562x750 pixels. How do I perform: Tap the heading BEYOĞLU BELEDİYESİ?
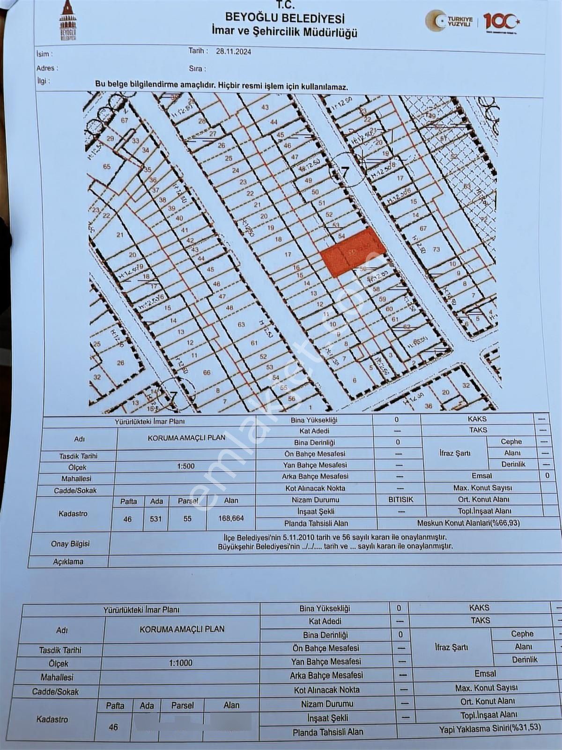coord(285,18)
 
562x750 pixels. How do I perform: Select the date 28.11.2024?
coord(233,52)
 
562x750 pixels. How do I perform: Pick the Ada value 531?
coord(156,519)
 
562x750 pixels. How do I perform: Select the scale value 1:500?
coord(185,466)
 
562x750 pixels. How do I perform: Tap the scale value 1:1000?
coord(181,663)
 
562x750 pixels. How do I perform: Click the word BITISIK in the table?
coord(400,500)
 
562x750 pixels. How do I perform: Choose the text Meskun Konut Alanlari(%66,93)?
coord(468,523)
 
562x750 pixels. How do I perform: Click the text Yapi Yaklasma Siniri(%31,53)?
coord(489,729)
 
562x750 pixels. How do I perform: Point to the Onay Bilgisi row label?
coord(70,544)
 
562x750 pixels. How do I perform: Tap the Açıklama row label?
coord(68,562)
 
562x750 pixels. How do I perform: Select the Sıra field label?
coord(197,68)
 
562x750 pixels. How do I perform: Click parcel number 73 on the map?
coord(436,249)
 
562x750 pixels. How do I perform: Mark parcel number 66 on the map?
coord(207,373)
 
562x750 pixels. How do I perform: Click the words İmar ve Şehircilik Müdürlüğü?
coord(284,32)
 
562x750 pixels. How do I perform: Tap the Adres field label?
coord(47,68)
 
